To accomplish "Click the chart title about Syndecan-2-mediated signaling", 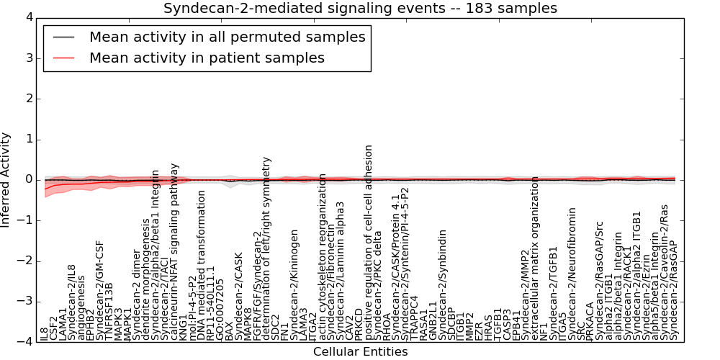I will (x=360, y=9).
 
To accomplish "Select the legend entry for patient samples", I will (x=207, y=58).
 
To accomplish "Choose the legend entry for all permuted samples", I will (x=227, y=37).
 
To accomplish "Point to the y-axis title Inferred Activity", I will (x=6, y=180).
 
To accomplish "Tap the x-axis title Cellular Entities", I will (x=360, y=351).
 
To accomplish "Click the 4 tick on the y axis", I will (x=29, y=17).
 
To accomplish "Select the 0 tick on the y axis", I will (x=29, y=180).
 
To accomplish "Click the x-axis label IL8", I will (x=44, y=333).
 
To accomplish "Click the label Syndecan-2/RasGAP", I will (x=674, y=290).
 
